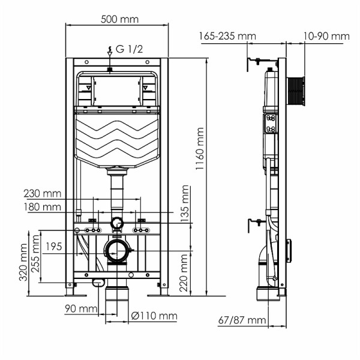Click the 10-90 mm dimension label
tap(326, 36)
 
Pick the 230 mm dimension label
tap(43, 193)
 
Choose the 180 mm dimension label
tap(43, 207)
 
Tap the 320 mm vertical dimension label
tap(23, 262)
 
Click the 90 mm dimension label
tap(80, 309)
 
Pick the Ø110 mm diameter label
tap(155, 316)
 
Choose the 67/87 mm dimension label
tap(242, 320)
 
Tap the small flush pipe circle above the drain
tap(118, 224)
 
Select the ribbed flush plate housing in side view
tap(296, 91)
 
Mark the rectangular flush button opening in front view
tap(118, 90)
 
